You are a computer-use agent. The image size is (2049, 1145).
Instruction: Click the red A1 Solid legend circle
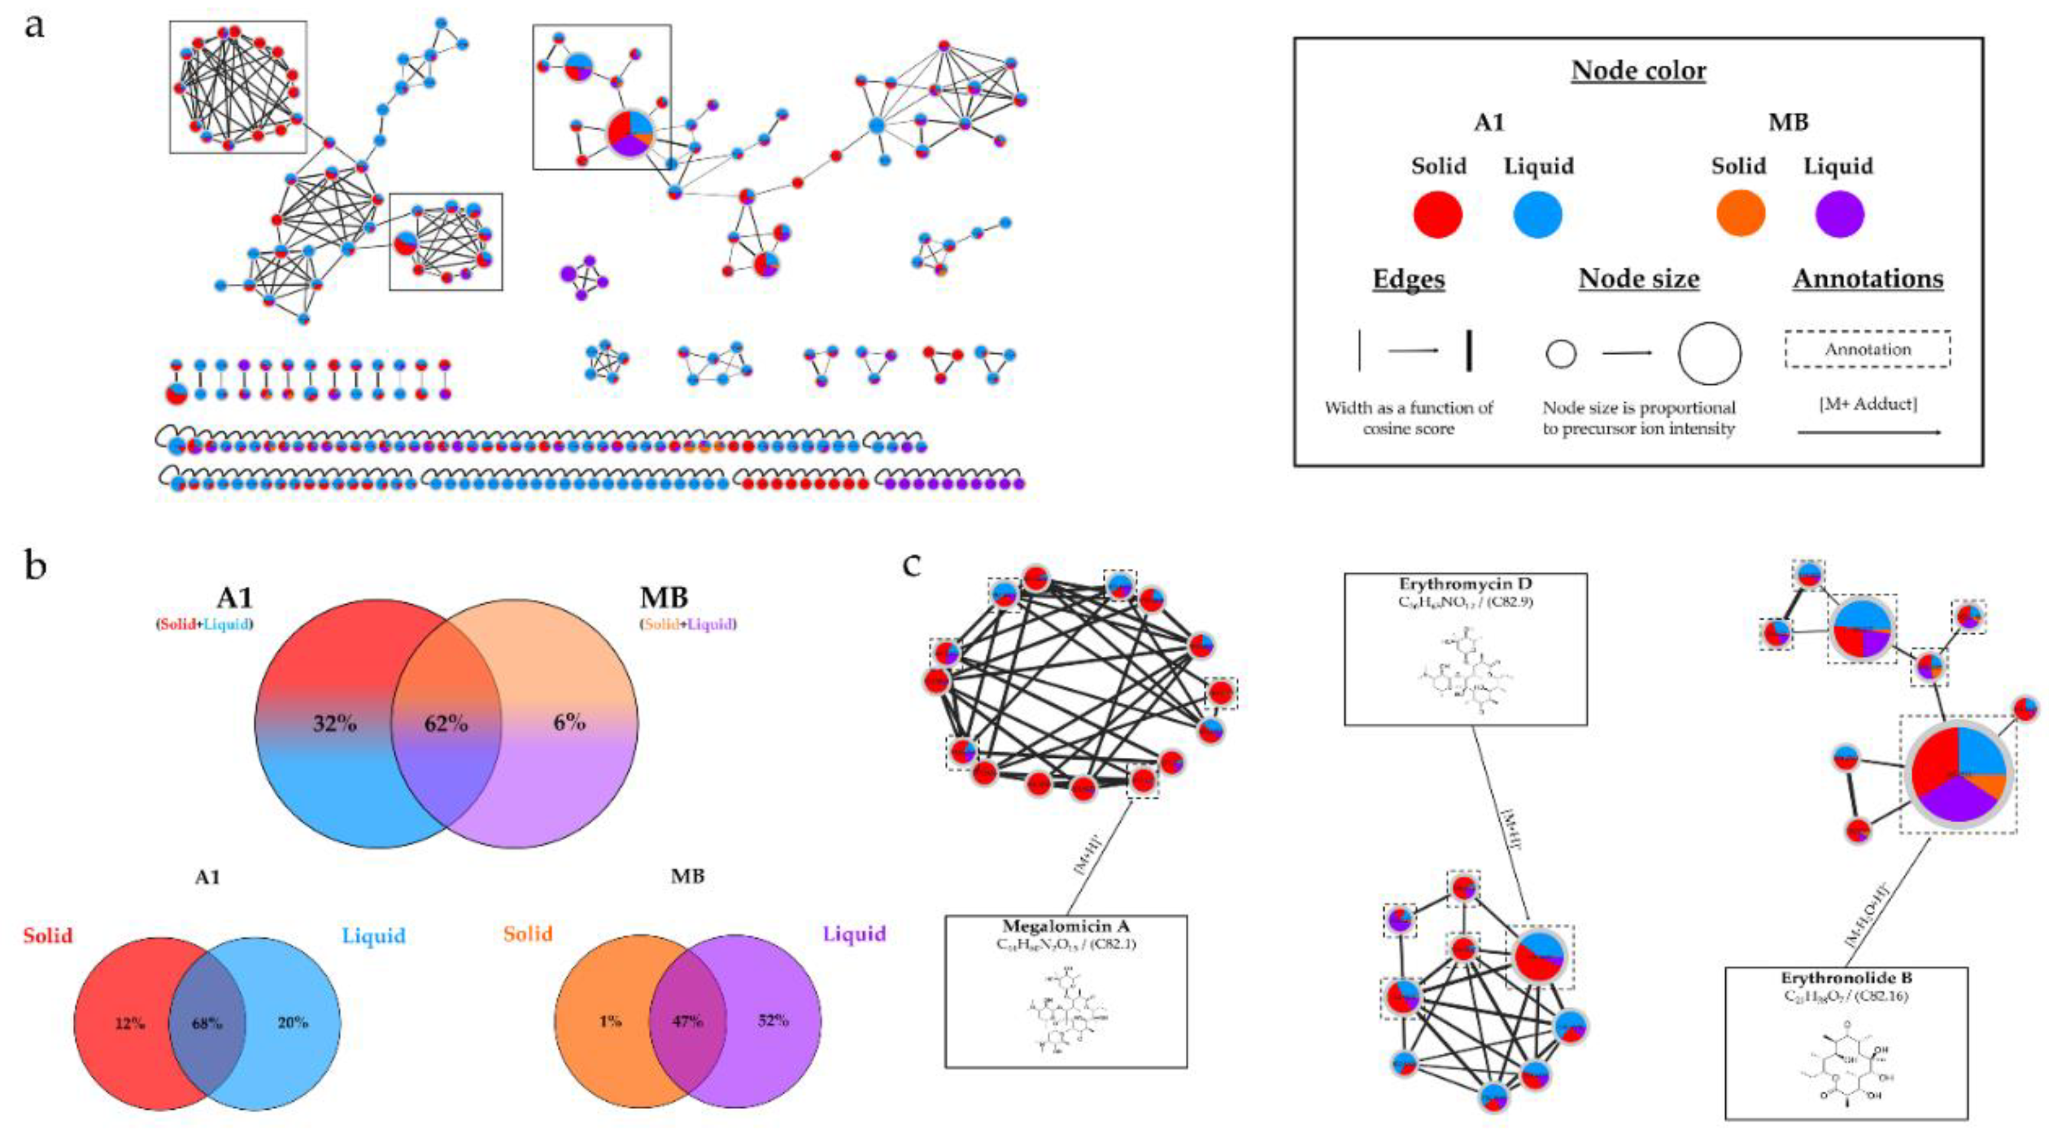pyautogui.click(x=1437, y=214)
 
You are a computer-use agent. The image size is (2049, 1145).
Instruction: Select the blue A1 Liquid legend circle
pyautogui.click(x=1538, y=214)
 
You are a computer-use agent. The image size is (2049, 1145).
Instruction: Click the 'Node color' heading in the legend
pyautogui.click(x=1639, y=71)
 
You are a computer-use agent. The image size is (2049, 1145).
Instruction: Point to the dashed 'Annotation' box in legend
pyautogui.click(x=1867, y=350)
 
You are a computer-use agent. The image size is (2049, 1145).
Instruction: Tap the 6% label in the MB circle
pyautogui.click(x=569, y=722)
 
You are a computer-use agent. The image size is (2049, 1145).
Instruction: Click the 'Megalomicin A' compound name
pyautogui.click(x=1066, y=927)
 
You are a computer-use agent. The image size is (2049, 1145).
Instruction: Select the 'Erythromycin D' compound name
pyautogui.click(x=1465, y=585)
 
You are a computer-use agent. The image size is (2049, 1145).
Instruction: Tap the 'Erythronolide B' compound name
pyautogui.click(x=1846, y=978)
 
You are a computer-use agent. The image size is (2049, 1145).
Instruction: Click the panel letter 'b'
pyautogui.click(x=35, y=567)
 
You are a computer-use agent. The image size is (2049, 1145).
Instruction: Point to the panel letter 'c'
pyautogui.click(x=912, y=564)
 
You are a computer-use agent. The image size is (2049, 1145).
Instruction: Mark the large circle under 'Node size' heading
pyautogui.click(x=1709, y=354)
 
